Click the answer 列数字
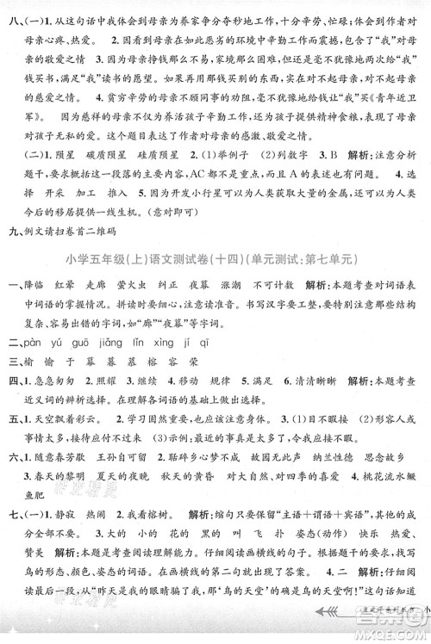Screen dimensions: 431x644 point(285,170)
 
